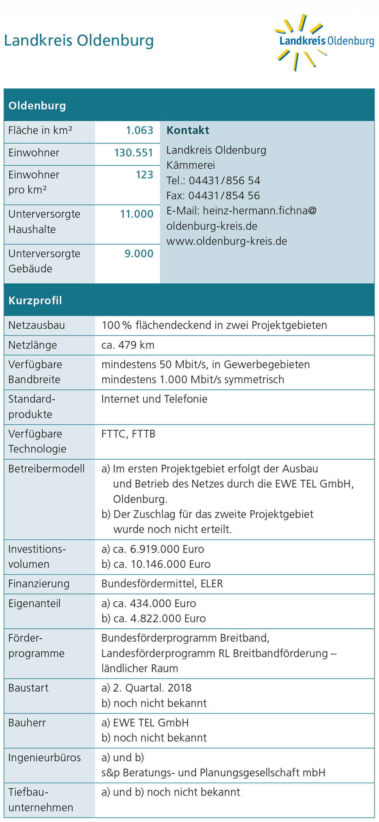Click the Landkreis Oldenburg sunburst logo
coord(324,42)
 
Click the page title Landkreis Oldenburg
coord(79,41)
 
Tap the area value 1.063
coord(139,130)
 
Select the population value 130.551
coord(133,153)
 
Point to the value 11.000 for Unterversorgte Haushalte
coord(136,214)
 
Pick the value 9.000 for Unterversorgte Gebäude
coord(139,254)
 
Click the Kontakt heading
coord(188,130)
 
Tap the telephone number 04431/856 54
coord(224,180)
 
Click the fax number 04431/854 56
coord(224,196)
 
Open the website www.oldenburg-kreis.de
coord(227,241)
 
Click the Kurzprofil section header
coord(35,301)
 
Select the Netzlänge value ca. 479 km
coord(128,345)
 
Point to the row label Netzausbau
coord(37,325)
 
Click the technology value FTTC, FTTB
coord(128,434)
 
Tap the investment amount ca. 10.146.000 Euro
coord(162,564)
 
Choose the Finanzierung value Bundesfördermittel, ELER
coord(162,584)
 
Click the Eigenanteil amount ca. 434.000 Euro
coord(154,603)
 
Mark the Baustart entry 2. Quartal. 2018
coord(152,688)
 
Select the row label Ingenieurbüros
coord(45,758)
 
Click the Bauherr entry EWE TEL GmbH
coord(151,723)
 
